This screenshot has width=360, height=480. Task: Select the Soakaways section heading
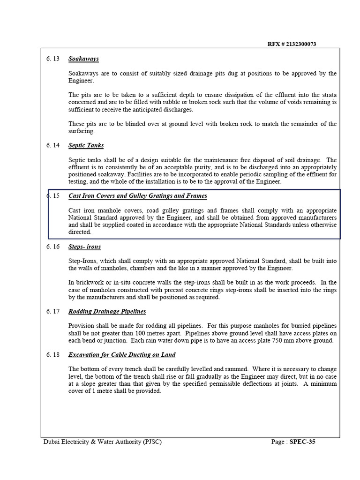tap(83, 59)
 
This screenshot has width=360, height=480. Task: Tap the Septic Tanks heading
tap(86, 146)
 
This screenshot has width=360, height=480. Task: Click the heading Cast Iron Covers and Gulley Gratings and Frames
tap(137, 196)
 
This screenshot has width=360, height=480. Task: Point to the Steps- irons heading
tap(84, 247)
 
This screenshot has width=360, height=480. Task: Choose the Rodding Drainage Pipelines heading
tap(107, 311)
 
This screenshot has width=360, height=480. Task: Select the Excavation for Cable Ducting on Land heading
tap(122, 355)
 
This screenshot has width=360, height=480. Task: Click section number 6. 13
tap(53, 59)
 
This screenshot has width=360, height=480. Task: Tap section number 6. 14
tap(53, 146)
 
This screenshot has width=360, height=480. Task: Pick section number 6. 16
tap(53, 247)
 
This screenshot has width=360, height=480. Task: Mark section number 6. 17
tap(53, 311)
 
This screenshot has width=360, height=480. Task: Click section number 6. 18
tap(53, 355)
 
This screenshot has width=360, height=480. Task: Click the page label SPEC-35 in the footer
tap(302, 442)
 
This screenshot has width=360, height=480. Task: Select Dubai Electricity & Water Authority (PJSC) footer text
tap(102, 442)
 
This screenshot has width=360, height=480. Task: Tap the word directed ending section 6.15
tap(80, 232)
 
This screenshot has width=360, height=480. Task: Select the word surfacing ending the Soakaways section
tap(82, 131)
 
